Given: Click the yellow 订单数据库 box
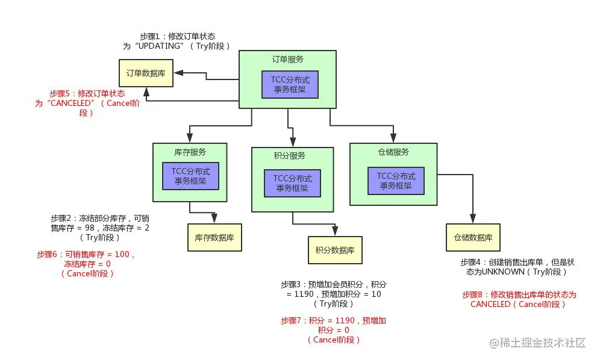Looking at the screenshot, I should (146, 73).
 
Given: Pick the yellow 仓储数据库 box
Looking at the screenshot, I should (473, 237).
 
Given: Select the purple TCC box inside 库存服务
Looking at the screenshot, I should (190, 176).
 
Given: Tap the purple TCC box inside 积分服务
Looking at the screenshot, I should (292, 183).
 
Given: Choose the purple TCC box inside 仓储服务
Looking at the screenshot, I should (396, 181).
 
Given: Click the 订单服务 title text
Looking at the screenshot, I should (287, 60).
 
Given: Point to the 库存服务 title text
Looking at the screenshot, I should (189, 151).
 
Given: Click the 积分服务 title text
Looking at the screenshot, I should (289, 155).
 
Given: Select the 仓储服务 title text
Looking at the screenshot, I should (393, 152).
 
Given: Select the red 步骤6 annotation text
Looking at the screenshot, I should (87, 264).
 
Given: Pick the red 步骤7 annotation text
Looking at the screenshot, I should (334, 330).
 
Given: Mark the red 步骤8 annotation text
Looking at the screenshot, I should (519, 299).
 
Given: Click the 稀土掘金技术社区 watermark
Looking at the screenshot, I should (537, 343).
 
